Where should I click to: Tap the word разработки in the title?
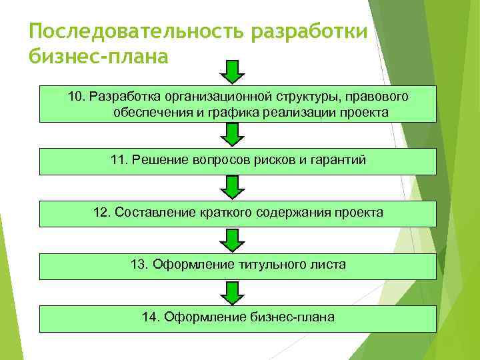point(311,32)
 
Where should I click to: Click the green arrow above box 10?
point(232,71)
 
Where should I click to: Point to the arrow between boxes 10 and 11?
point(232,135)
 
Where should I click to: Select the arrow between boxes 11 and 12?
point(232,187)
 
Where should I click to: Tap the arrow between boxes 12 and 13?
point(232,240)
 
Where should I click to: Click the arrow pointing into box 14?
point(232,293)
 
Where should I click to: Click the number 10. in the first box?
point(77,97)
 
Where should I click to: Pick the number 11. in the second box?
point(120,160)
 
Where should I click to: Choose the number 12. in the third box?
point(103,213)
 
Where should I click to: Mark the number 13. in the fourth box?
point(140,265)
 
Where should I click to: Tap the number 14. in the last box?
point(151,317)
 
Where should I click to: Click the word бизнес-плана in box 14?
point(293,317)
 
